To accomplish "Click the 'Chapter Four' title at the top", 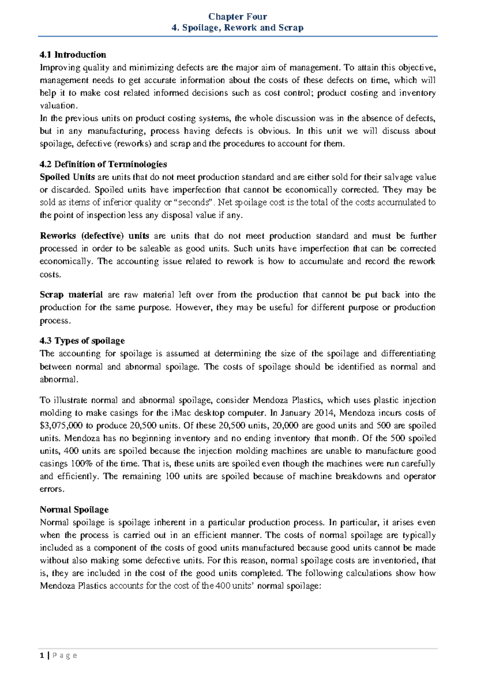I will (x=238, y=17).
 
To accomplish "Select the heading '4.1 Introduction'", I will (x=73, y=55).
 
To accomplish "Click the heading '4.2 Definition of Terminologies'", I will (x=103, y=165).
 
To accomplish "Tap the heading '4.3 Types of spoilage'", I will (x=82, y=341).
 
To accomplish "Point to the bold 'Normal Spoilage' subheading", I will (x=74, y=510).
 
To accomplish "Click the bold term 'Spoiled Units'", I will (x=67, y=177).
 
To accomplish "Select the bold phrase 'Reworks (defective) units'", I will (x=94, y=236).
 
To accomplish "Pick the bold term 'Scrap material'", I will (x=71, y=295).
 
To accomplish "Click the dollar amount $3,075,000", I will (x=61, y=426).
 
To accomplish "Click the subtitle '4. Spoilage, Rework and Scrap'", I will (x=238, y=28).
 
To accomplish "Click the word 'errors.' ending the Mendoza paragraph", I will (x=52, y=489).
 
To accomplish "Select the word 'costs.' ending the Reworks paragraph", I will (x=50, y=275).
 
